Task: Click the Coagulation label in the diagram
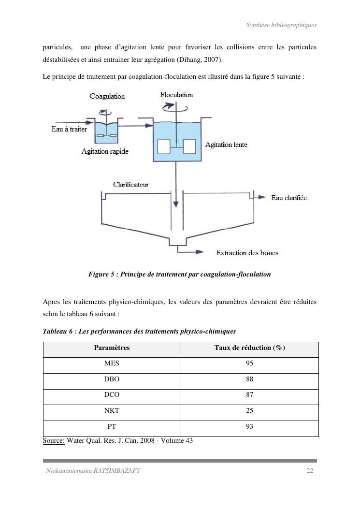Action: tap(107, 96)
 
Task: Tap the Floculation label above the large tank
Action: tap(176, 95)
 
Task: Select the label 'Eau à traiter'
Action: tap(69, 129)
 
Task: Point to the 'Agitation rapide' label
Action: tap(105, 152)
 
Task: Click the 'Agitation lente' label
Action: tap(226, 145)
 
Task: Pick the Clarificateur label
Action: tap(130, 184)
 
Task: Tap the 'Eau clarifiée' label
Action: tap(289, 198)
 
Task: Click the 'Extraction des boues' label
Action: tap(247, 253)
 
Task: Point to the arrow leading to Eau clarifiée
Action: tap(260, 197)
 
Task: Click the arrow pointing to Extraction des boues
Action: tap(196, 252)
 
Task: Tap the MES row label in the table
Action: tap(112, 364)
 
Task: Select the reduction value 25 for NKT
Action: tap(249, 411)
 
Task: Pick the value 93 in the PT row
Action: tap(249, 426)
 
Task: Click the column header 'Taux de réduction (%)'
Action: tap(249, 348)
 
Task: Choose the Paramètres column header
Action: tap(112, 348)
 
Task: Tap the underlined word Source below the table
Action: tap(54, 440)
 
